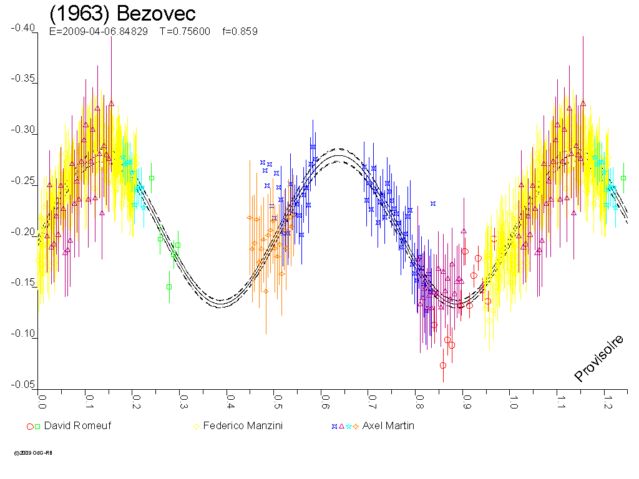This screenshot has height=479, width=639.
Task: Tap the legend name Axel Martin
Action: pyautogui.click(x=388, y=427)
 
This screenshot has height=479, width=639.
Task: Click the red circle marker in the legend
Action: pyautogui.click(x=29, y=427)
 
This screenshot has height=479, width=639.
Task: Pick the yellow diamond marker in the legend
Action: pyautogui.click(x=197, y=427)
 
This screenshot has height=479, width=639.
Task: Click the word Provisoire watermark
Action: pyautogui.click(x=599, y=358)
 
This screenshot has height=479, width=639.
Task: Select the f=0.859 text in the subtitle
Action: pyautogui.click(x=240, y=31)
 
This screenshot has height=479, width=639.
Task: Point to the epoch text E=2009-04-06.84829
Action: pyautogui.click(x=98, y=31)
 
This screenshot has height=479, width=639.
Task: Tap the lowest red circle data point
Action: pyautogui.click(x=443, y=365)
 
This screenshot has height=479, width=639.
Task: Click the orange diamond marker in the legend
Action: pyautogui.click(x=356, y=427)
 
